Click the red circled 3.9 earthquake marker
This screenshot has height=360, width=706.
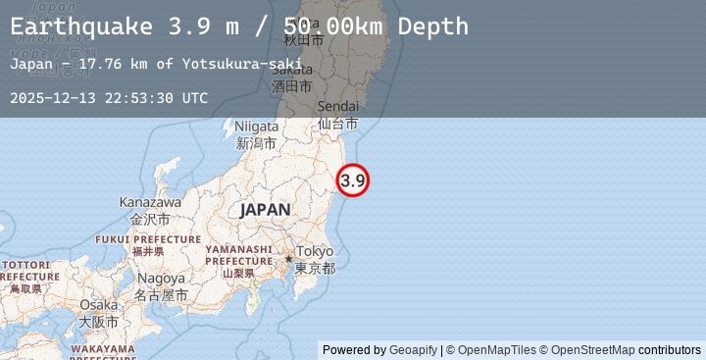(x=353, y=180)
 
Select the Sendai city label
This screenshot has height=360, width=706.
(x=337, y=107)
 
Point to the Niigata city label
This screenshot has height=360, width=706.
(x=257, y=127)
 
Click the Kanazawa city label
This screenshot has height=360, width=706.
(x=150, y=202)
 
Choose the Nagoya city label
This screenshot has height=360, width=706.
(x=161, y=279)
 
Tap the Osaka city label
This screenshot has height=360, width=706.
(x=98, y=305)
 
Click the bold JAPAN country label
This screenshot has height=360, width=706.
(x=265, y=210)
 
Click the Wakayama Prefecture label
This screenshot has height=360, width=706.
(x=102, y=348)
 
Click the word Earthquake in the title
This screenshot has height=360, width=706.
(x=81, y=26)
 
